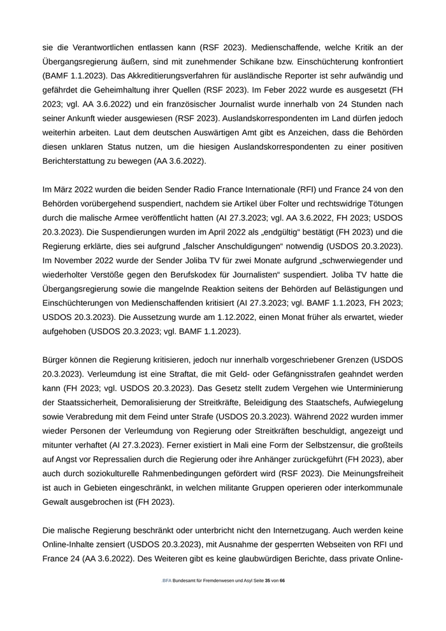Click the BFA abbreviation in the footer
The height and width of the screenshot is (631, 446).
tap(167, 581)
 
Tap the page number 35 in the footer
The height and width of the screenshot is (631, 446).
tap(268, 581)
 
